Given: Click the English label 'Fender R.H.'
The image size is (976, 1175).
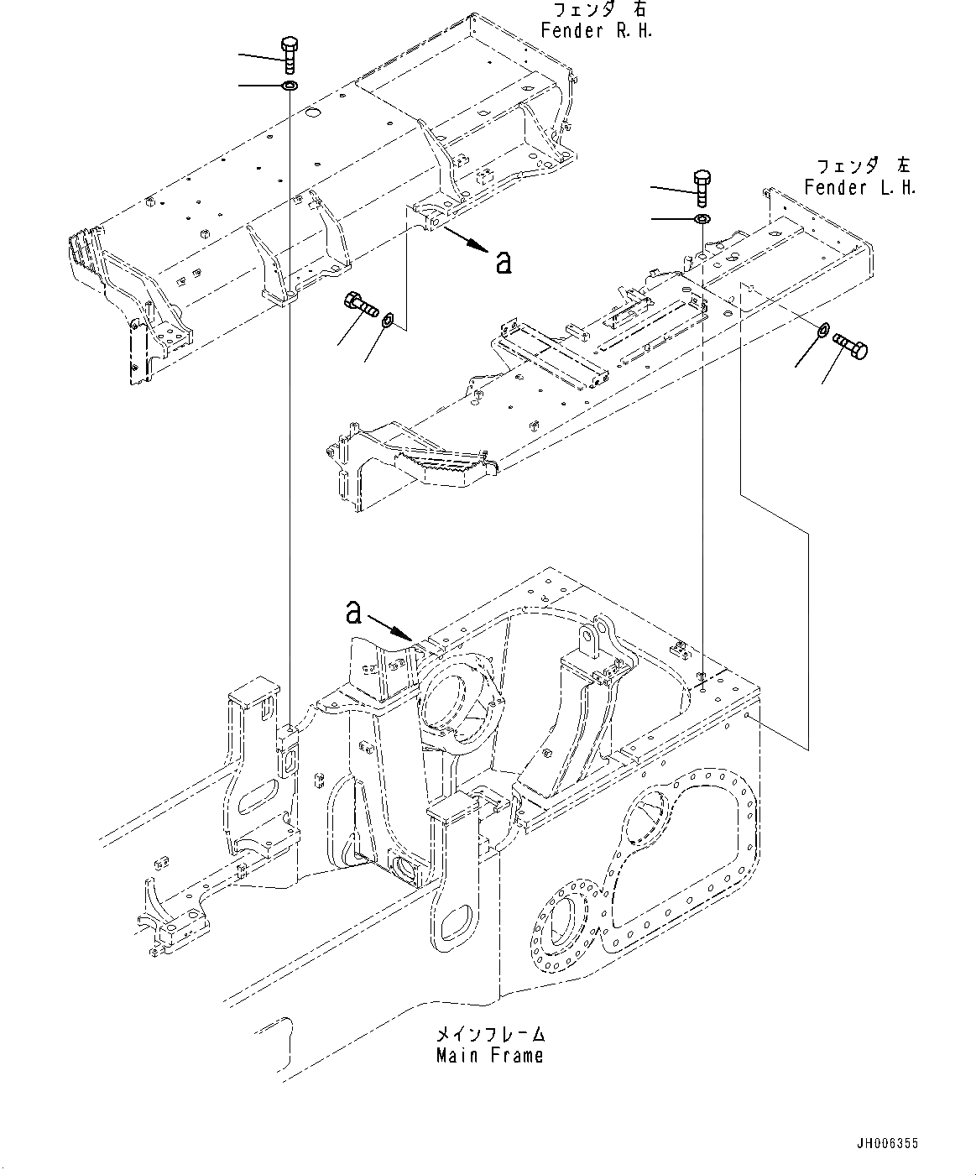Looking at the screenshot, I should [596, 31].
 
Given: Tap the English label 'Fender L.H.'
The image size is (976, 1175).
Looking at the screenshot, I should [859, 187].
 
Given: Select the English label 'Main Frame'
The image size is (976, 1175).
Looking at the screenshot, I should [489, 1056].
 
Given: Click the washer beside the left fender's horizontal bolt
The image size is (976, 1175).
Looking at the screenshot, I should [824, 329].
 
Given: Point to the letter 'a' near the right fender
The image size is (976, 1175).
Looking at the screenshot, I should [503, 263].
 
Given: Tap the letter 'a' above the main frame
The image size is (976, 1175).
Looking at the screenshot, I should [354, 614].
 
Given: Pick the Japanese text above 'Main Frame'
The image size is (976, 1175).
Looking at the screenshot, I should [491, 1033].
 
